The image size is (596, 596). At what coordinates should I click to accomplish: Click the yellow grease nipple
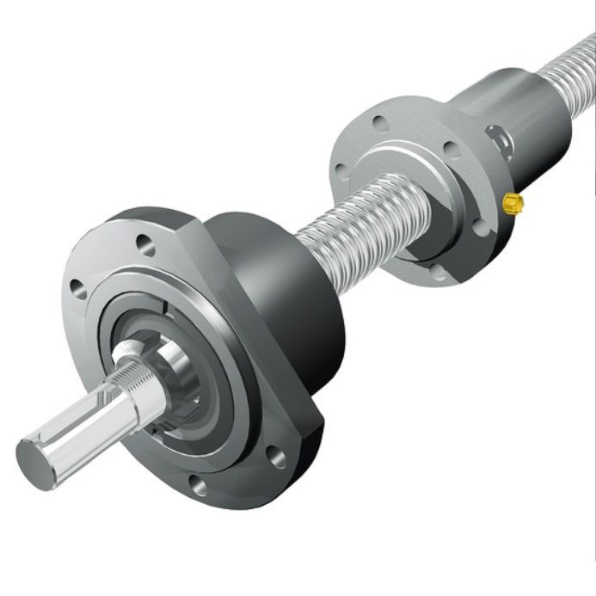click(x=513, y=203)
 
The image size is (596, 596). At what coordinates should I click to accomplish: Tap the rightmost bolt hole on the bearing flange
click(x=275, y=456)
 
